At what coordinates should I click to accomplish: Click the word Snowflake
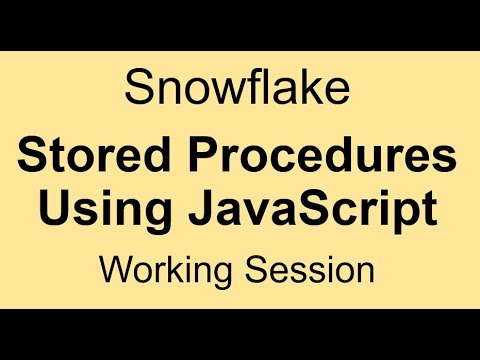coord(239,88)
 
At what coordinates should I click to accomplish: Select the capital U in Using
coord(55,210)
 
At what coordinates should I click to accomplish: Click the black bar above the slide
coord(240,22)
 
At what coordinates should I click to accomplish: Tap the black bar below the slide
coord(240,335)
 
